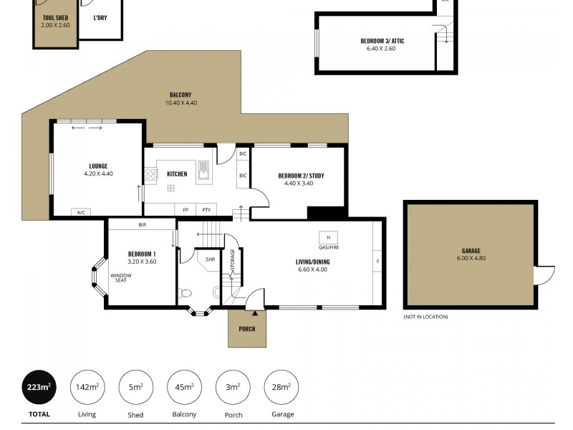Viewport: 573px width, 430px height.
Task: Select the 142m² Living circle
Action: tap(87, 388)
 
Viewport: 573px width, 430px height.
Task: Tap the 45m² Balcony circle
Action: tap(184, 388)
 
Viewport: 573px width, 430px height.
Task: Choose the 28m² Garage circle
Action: tap(281, 388)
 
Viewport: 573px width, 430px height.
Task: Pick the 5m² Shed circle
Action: tap(135, 388)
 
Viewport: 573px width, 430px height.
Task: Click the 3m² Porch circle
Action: tap(233, 388)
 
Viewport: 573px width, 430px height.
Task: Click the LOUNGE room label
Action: tap(98, 166)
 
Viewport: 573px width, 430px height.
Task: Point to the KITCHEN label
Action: tap(177, 174)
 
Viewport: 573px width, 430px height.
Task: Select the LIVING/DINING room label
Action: tap(312, 262)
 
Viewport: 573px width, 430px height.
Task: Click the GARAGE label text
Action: tap(471, 252)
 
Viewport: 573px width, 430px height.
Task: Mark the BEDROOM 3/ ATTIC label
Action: tap(382, 41)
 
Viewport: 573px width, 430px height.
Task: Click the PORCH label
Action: tap(247, 329)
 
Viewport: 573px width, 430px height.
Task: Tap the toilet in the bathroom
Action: tap(185, 292)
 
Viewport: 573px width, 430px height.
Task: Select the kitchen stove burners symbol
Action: tap(151, 173)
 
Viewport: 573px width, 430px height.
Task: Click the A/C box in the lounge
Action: tap(80, 212)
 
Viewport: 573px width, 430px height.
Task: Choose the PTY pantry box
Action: tap(206, 210)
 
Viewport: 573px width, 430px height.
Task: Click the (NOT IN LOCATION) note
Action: tap(425, 316)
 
